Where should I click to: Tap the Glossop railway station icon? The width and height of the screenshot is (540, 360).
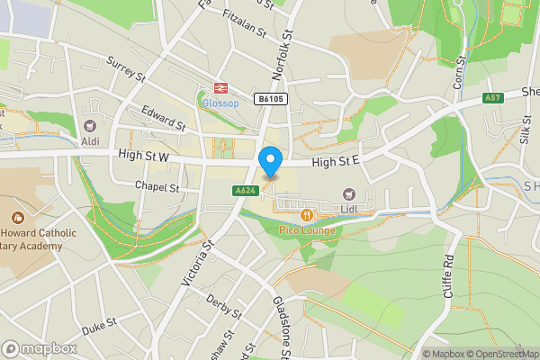click(x=218, y=87)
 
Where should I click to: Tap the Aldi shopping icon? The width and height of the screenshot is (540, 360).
click(x=89, y=128)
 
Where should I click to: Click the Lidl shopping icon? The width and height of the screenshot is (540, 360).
click(x=348, y=194)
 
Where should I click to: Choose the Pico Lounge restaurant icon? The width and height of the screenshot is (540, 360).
click(x=308, y=215)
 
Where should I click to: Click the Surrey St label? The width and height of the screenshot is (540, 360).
click(x=126, y=70)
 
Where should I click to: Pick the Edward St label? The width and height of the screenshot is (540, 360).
click(x=163, y=117)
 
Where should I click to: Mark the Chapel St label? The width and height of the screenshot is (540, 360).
click(x=157, y=187)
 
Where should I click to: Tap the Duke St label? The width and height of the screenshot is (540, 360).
click(x=100, y=327)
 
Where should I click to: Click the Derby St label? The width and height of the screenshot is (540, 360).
click(x=223, y=306)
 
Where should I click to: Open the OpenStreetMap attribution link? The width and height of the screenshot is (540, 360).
click(x=500, y=354)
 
